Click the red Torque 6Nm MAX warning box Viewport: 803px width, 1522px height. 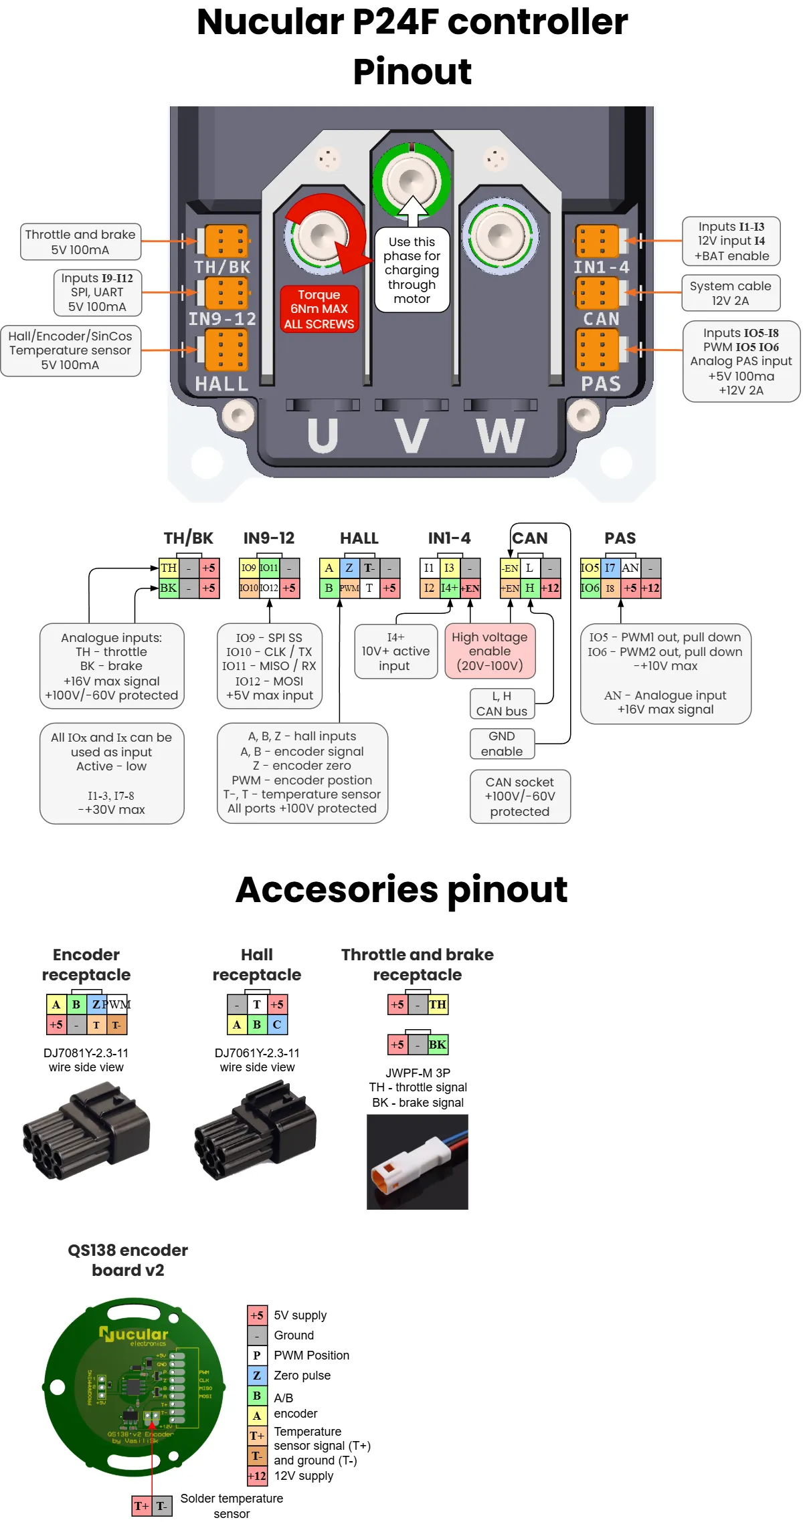319,309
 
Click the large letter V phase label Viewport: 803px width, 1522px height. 411,436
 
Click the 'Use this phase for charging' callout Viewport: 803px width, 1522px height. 412,270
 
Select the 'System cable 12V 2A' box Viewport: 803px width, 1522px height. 731,293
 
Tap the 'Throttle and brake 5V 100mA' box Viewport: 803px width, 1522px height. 80,241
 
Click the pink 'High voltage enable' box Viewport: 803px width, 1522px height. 489,651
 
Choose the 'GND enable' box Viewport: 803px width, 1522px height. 502,744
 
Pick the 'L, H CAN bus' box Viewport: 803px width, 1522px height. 502,703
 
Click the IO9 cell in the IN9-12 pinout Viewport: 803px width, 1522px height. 248,568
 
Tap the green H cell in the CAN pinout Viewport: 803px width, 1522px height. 529,588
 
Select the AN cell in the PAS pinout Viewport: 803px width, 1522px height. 630,568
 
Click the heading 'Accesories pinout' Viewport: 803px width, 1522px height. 401,889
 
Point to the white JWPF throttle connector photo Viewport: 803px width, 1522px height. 417,1162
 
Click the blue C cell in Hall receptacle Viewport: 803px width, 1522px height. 277,1024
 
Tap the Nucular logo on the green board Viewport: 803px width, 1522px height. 133,1335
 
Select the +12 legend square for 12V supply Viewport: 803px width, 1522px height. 257,1476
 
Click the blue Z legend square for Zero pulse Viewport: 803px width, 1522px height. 257,1376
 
